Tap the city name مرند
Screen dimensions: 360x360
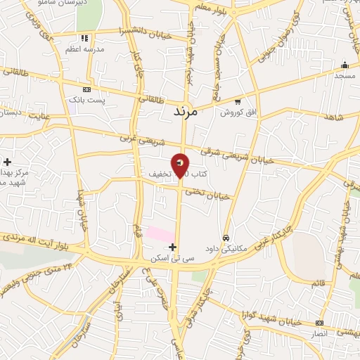(x=186, y=112)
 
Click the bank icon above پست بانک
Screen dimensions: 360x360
(x=86, y=89)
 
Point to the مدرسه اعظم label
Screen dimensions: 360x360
(x=84, y=49)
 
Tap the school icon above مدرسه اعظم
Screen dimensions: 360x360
(x=84, y=38)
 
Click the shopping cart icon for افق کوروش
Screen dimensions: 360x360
(x=238, y=101)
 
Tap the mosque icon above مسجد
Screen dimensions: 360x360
(x=344, y=64)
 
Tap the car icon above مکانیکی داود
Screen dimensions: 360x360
(x=226, y=238)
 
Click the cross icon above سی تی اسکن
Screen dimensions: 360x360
(x=174, y=247)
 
